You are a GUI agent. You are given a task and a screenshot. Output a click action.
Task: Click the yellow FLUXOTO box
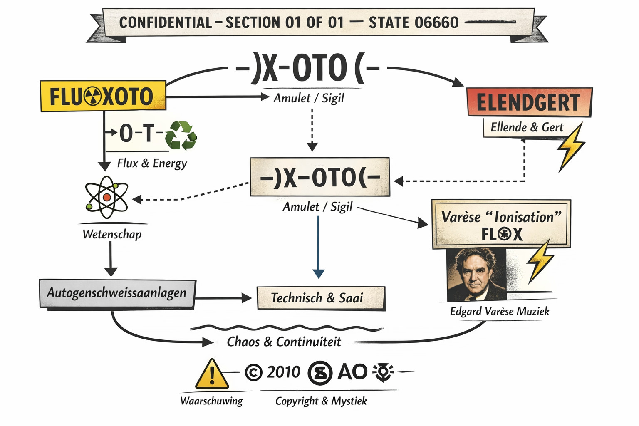103,96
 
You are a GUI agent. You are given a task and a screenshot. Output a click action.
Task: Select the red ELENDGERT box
529,102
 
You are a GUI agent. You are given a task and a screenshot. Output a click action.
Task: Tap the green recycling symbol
181,135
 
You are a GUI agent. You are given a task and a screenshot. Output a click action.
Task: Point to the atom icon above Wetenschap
106,197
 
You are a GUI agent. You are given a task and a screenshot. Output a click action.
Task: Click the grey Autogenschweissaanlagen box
117,293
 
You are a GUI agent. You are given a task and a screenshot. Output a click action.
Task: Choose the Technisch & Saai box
321,298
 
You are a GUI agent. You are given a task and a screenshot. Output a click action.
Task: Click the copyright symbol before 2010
253,372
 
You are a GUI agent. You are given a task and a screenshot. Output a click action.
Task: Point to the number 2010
283,372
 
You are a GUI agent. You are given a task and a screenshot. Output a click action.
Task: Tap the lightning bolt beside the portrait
540,261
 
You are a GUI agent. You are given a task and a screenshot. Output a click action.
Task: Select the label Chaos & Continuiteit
284,342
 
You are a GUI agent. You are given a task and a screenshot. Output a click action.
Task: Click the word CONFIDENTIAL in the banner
166,22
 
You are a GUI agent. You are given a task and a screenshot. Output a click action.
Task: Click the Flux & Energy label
152,163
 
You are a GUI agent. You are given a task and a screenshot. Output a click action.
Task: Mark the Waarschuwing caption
211,401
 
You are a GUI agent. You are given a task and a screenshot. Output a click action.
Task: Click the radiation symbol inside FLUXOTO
92,97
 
